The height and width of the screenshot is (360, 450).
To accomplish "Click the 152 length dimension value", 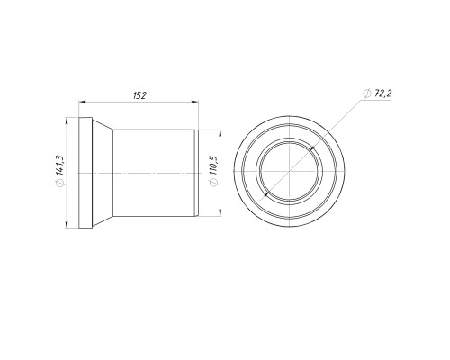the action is (139, 95).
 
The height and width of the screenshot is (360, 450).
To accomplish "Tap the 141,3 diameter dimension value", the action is (59, 165).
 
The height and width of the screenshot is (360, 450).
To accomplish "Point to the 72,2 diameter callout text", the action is (382, 94).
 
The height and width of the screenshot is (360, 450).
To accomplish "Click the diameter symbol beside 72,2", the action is (366, 94).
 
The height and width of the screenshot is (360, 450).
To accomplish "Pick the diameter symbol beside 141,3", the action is (59, 183).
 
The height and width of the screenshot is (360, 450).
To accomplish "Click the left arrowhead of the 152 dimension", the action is (82, 103).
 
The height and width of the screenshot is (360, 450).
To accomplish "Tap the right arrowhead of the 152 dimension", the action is (194, 103).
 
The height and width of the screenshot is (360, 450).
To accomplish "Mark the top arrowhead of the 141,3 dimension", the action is (67, 121).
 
